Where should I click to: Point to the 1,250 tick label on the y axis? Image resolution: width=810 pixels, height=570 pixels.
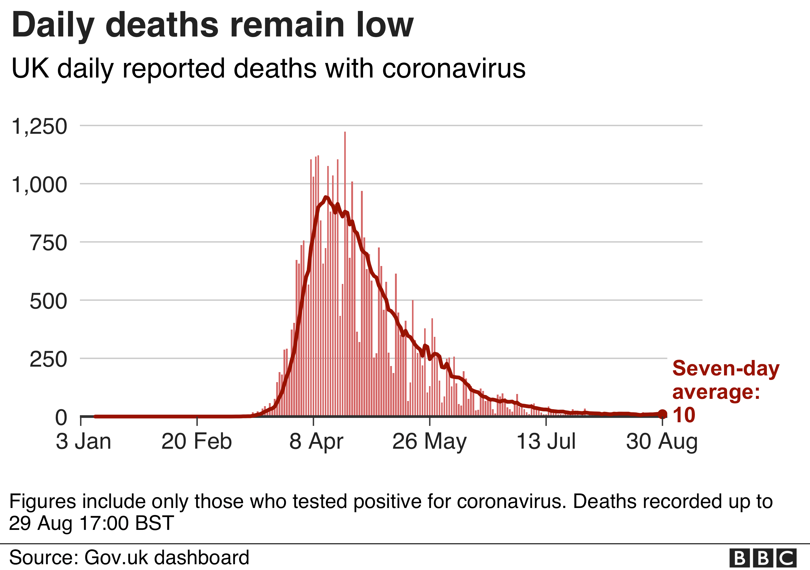[x=39, y=126]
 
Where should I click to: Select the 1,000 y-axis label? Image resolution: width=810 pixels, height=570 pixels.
[x=39, y=185]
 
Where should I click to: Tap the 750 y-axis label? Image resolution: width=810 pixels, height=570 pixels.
[x=48, y=243]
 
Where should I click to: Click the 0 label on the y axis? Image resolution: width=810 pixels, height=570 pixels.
[x=61, y=417]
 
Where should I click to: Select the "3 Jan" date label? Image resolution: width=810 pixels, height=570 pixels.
[x=83, y=441]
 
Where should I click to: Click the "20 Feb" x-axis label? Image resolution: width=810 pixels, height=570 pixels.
[x=197, y=441]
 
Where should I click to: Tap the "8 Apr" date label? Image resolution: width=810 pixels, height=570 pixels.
[x=316, y=441]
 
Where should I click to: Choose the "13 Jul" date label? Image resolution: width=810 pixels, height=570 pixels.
[x=546, y=441]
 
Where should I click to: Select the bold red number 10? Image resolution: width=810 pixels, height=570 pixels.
[x=684, y=415]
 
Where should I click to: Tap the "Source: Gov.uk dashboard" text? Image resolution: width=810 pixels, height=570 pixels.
[x=129, y=557]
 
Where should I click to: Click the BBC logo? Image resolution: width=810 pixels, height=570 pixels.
[x=763, y=558]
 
